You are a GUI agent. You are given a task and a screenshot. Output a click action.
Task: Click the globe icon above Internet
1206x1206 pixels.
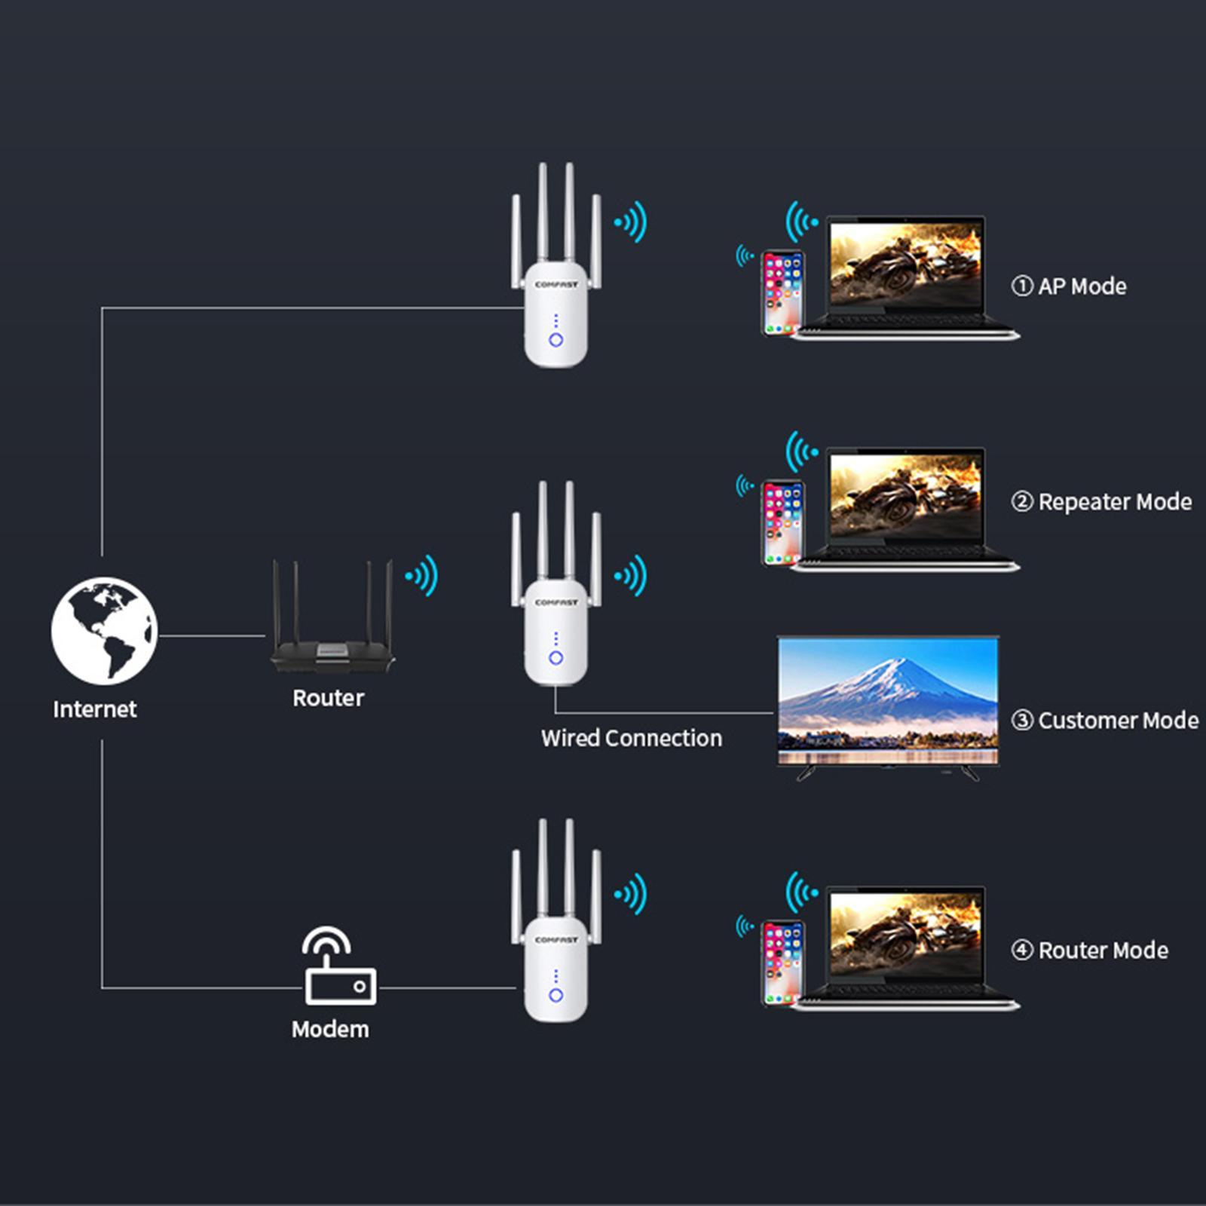(x=104, y=631)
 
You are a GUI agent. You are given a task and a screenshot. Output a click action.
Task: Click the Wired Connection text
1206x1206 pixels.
(x=631, y=738)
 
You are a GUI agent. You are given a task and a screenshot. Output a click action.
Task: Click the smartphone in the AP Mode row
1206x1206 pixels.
(x=782, y=292)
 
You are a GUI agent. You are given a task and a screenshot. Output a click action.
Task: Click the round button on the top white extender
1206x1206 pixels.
(x=556, y=340)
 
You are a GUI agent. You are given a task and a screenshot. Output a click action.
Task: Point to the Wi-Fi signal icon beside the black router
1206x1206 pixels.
(x=422, y=576)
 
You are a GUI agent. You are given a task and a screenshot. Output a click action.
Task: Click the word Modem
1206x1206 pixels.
(x=330, y=1030)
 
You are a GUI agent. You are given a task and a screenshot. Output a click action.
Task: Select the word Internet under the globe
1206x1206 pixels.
(x=95, y=709)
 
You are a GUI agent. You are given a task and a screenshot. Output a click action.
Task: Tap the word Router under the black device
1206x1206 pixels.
(x=328, y=698)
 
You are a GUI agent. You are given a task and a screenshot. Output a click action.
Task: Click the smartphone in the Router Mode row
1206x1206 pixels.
(x=782, y=963)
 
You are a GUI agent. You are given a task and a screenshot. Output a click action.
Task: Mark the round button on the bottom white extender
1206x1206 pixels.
(x=556, y=995)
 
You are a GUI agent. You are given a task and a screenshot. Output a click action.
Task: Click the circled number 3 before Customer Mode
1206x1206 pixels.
(x=1021, y=721)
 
